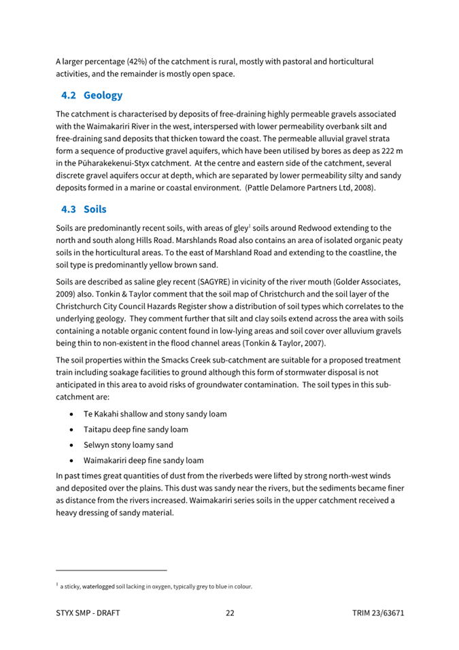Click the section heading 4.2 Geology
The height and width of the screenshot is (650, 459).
(x=91, y=95)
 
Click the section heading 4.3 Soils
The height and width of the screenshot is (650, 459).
(x=84, y=210)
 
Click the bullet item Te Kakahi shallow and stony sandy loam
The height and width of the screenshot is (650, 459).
(x=155, y=414)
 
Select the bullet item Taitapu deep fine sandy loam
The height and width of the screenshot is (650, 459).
(x=136, y=429)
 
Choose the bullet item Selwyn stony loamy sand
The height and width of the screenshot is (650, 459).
(x=128, y=445)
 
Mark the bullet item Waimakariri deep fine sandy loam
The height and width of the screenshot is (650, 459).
(x=143, y=460)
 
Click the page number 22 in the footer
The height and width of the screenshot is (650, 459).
(x=230, y=613)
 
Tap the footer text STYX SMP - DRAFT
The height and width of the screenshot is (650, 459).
(x=88, y=613)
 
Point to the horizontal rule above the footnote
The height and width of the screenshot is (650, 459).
(x=111, y=570)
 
